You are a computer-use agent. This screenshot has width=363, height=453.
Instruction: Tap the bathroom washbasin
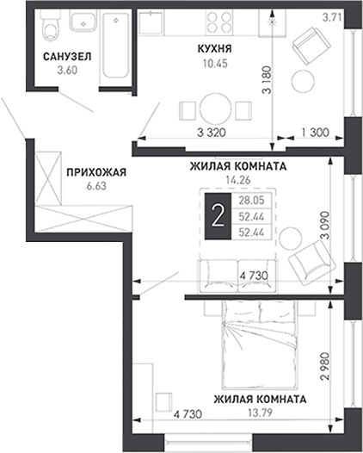pyautogui.click(x=83, y=19)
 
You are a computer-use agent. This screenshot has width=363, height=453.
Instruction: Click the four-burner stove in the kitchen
pyautogui.click(x=219, y=22)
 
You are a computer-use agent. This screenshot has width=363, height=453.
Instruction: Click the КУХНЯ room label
pyautogui.click(x=215, y=49)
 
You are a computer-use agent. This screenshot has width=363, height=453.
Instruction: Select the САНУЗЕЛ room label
pyautogui.click(x=67, y=57)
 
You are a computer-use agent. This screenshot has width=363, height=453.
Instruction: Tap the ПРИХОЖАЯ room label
pyautogui.click(x=96, y=172)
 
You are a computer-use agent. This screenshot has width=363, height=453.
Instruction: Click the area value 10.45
pyautogui.click(x=215, y=63)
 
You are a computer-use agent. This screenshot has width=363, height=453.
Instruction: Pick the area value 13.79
pyautogui.click(x=260, y=413)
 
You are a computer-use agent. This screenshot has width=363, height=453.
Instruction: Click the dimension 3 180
pyautogui.click(x=268, y=80)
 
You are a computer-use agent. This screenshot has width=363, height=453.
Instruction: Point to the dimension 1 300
pyautogui.click(x=315, y=133)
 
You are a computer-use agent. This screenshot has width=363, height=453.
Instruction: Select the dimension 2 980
pyautogui.click(x=326, y=366)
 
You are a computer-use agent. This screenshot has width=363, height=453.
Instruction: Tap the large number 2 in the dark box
pyautogui.click(x=218, y=217)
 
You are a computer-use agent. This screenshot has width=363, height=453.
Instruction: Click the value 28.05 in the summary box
pyautogui.click(x=251, y=201)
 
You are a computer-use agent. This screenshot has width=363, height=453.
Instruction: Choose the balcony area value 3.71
pyautogui.click(x=332, y=18)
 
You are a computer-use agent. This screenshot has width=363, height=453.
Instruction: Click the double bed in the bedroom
pyautogui.click(x=259, y=344)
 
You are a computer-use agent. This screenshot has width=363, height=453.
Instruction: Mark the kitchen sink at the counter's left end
pyautogui.click(x=151, y=22)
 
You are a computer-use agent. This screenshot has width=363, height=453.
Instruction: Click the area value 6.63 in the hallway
pyautogui.click(x=96, y=186)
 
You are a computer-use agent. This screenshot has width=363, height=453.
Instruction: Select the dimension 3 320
pyautogui.click(x=212, y=133)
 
